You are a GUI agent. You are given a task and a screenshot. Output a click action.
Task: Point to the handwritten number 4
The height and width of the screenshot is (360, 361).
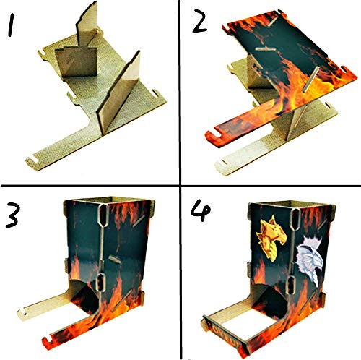coord(199,212)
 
